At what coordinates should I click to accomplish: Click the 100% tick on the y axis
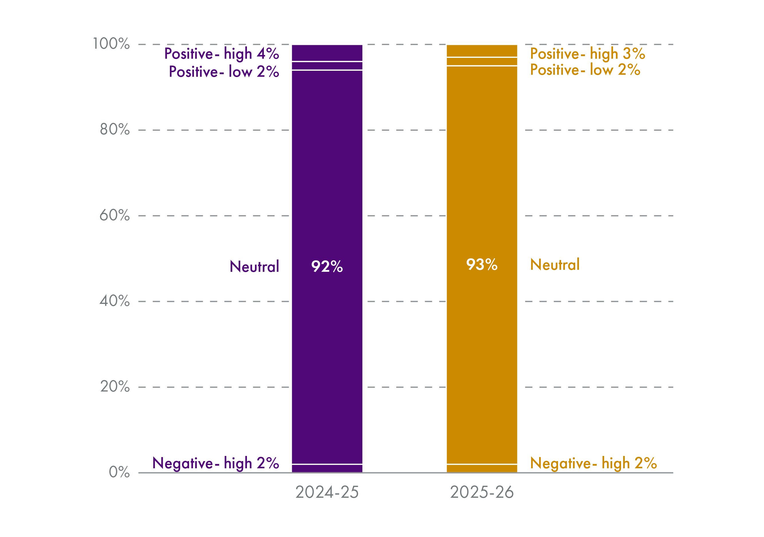pos(111,44)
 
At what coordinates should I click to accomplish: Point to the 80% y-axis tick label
pos(115,129)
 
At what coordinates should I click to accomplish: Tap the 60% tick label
pos(115,215)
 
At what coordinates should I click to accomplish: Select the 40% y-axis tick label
pos(115,301)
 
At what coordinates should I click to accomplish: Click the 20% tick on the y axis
pos(115,387)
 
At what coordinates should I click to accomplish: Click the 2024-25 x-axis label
pos(327,492)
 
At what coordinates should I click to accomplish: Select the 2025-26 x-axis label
pos(482,492)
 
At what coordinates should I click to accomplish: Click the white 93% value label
pos(482,265)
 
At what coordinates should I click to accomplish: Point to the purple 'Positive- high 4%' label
pos(222,54)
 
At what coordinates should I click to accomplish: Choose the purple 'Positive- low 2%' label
pos(224,72)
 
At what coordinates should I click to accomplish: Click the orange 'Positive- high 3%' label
pos(587,54)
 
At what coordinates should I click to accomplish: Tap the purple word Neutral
pos(254,267)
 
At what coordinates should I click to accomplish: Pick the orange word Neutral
pos(555,265)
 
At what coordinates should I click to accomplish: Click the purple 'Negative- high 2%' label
pos(216,463)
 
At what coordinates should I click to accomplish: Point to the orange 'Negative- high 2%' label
pos(593,463)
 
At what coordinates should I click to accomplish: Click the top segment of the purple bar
pos(327,53)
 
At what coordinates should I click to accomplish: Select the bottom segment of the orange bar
pos(482,469)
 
